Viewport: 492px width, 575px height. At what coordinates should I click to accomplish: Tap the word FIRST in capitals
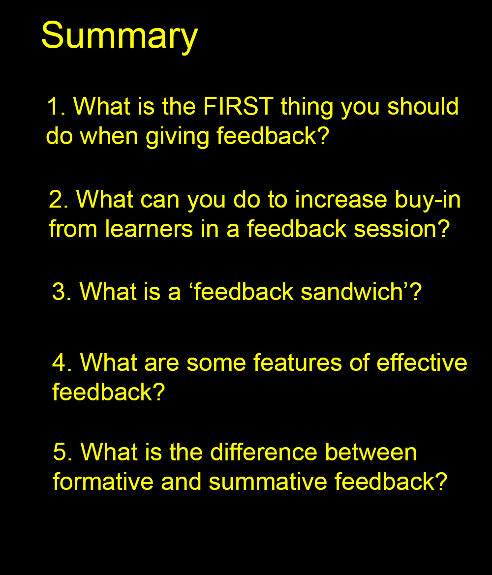238,106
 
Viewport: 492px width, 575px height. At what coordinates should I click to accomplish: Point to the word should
423,106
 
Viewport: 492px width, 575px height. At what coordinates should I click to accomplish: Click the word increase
341,200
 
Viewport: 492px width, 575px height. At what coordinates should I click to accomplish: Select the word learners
149,229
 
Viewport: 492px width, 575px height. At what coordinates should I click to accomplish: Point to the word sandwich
352,292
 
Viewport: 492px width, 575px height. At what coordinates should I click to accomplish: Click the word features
298,363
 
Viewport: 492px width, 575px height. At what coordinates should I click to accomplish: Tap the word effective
422,363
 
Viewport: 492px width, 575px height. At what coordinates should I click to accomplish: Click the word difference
263,452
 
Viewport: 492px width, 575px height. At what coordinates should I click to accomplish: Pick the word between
371,452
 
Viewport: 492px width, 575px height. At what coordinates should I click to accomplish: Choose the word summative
268,482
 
